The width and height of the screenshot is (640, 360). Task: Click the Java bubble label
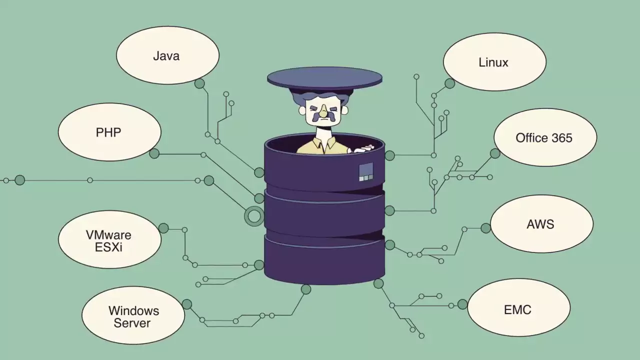tap(166, 56)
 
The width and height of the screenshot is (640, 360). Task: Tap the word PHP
tap(108, 132)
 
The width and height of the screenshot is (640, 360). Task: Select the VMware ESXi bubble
tap(109, 240)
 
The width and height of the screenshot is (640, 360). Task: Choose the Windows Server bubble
tap(133, 316)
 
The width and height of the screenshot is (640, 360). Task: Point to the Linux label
tap(493, 62)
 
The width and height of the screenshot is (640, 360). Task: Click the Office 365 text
tap(544, 138)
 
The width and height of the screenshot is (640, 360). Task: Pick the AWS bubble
tap(540, 224)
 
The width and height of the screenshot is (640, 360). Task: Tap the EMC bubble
tap(517, 309)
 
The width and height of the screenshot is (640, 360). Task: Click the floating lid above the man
tap(324, 78)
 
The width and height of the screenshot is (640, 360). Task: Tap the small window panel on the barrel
tap(366, 171)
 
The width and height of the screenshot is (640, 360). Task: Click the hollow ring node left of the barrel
tap(254, 216)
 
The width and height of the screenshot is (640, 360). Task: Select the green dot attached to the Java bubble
tap(199, 83)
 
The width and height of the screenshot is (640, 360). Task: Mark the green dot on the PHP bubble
tap(154, 153)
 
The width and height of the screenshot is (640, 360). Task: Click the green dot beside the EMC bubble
tap(462, 304)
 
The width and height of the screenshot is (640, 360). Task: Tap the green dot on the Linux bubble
tap(449, 83)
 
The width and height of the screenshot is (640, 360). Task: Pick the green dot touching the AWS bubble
tap(485, 228)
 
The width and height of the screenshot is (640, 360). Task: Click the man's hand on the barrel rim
tap(362, 149)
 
